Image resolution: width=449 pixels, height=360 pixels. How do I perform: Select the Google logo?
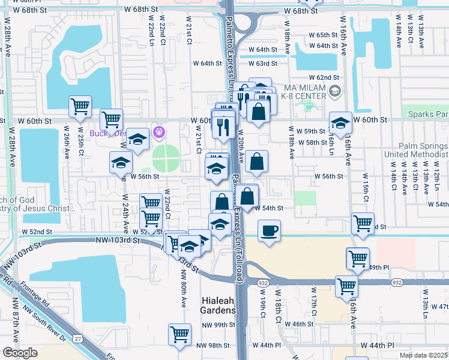point(20,353)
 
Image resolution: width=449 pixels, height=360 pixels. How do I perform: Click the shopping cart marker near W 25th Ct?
point(80,107)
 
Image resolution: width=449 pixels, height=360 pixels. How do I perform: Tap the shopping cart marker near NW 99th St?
point(179,335)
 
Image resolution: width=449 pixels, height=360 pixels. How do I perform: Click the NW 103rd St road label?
point(117,240)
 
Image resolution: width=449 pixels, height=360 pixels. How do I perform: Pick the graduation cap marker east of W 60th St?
point(340,125)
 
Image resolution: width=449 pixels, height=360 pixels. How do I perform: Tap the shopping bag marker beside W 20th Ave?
point(256,161)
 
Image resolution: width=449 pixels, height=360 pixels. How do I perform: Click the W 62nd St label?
point(324,77)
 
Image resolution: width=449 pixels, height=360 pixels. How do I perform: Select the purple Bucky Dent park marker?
point(159,131)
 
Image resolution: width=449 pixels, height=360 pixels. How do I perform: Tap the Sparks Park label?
point(427,114)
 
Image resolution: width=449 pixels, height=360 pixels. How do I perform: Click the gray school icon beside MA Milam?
point(335,92)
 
